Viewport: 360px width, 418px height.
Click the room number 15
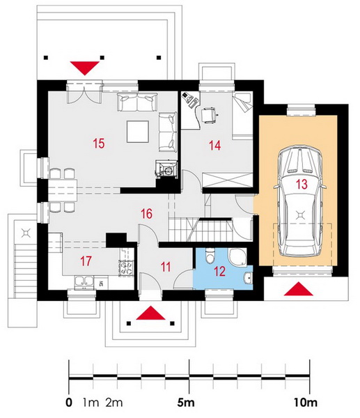[99, 144]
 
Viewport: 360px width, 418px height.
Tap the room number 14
[214, 146]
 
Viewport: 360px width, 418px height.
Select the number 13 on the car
[302, 184]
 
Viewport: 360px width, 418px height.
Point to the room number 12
[219, 272]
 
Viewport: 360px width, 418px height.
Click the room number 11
[166, 267]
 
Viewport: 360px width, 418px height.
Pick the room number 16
[146, 214]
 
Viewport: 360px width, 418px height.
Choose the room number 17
[86, 261]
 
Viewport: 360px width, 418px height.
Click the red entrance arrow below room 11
[151, 313]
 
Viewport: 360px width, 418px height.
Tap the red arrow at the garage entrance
[299, 288]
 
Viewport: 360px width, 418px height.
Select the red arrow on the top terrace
[85, 68]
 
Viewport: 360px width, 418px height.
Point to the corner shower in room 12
[238, 257]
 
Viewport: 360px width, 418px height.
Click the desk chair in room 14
[209, 115]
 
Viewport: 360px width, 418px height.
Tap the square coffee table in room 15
[137, 132]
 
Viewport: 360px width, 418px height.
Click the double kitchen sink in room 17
[84, 283]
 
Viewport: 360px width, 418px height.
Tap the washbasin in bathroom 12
[248, 278]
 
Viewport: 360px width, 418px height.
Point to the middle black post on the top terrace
[102, 57]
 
